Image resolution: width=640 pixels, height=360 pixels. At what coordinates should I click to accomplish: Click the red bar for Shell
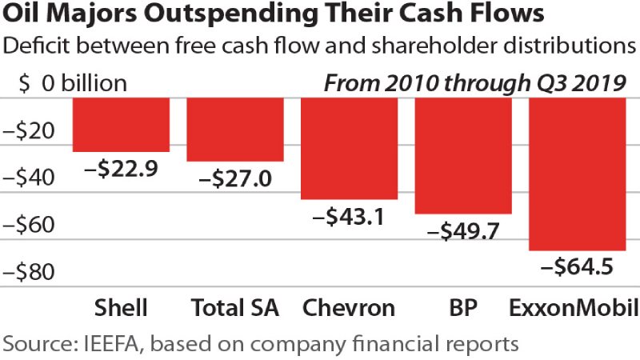click(121, 124)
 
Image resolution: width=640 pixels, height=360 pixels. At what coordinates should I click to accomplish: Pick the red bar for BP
click(463, 155)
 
